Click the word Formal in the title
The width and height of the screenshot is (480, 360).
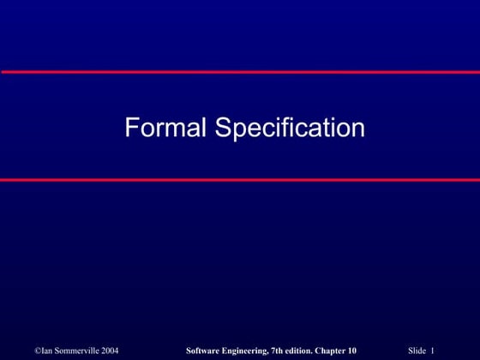coord(165,129)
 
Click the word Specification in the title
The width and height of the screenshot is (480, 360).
coord(290,129)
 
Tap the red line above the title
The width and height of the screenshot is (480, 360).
coord(240,72)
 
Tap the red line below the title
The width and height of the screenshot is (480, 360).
coord(240,180)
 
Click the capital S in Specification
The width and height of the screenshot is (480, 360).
coord(222,129)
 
